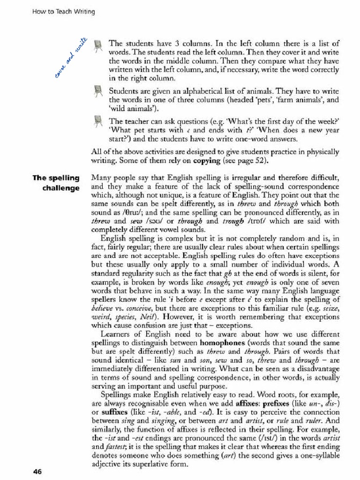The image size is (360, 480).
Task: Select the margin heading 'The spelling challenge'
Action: (56, 183)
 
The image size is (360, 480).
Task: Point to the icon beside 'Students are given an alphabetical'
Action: (97, 90)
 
